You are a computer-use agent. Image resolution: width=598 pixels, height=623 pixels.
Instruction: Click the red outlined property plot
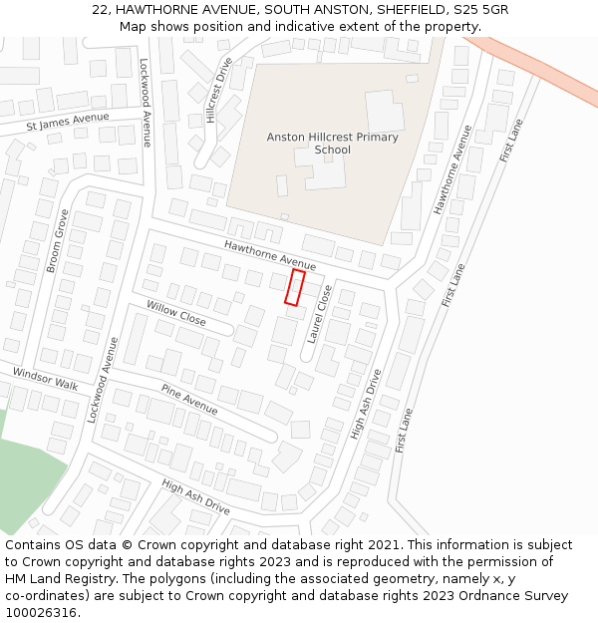click(295, 287)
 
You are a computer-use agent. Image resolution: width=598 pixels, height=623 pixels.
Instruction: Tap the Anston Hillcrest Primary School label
click(332, 144)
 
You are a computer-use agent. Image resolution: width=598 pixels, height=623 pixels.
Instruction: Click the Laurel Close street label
click(319, 315)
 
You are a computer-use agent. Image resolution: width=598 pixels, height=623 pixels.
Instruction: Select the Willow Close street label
click(175, 313)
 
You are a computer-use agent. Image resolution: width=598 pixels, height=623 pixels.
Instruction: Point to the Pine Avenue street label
click(189, 400)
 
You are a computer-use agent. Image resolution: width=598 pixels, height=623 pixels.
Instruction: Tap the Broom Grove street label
click(59, 241)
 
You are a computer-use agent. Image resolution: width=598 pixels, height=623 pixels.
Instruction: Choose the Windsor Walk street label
click(45, 379)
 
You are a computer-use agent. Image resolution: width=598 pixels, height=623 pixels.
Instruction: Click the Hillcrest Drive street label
click(217, 90)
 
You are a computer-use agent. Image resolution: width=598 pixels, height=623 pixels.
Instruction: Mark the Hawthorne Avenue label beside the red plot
click(269, 256)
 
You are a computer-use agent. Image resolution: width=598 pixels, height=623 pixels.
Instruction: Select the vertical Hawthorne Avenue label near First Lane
click(451, 169)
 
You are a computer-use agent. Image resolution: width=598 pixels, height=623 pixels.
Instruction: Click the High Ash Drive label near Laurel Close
click(366, 405)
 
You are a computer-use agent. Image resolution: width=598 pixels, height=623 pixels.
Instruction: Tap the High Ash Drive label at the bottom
click(195, 496)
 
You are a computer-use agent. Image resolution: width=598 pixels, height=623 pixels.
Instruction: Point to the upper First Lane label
click(511, 141)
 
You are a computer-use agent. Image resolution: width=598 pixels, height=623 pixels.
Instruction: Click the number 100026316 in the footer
click(40, 612)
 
